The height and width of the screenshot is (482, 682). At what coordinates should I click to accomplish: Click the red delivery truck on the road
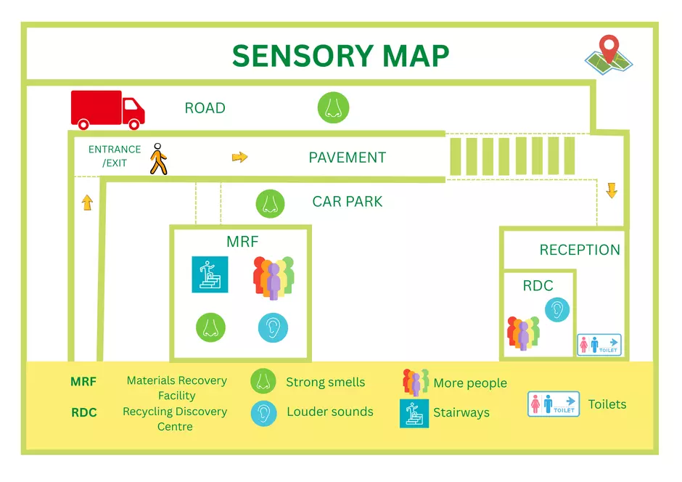pyautogui.click(x=107, y=110)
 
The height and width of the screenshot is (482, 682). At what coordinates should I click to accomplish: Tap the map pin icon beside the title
pyautogui.click(x=609, y=55)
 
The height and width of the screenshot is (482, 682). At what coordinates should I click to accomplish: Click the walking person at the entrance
pyautogui.click(x=158, y=158)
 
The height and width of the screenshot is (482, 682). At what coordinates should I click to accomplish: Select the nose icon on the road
pyautogui.click(x=333, y=108)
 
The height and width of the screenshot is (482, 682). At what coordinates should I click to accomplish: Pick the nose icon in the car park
pyautogui.click(x=270, y=203)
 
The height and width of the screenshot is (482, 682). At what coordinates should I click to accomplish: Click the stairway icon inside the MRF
pyautogui.click(x=210, y=274)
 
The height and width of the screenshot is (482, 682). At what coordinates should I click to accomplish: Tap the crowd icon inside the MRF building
pyautogui.click(x=274, y=277)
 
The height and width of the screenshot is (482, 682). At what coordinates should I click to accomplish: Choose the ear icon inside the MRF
pyautogui.click(x=273, y=327)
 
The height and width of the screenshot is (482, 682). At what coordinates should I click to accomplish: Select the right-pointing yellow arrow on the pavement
pyautogui.click(x=239, y=157)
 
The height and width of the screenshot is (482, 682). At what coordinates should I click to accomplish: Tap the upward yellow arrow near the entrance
pyautogui.click(x=87, y=203)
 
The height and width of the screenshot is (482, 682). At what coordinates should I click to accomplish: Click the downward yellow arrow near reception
pyautogui.click(x=612, y=191)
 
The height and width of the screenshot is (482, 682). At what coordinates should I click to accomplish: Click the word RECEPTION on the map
pyautogui.click(x=580, y=250)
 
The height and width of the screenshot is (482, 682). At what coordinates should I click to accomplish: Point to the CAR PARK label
pyautogui.click(x=347, y=202)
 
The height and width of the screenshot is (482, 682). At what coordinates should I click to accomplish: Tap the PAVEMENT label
pyautogui.click(x=347, y=158)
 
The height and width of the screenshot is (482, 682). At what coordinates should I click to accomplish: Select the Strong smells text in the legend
pyautogui.click(x=325, y=383)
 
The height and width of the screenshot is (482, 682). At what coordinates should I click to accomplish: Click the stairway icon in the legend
pyautogui.click(x=414, y=413)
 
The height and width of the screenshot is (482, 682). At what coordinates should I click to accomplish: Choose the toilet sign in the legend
pyautogui.click(x=554, y=404)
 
